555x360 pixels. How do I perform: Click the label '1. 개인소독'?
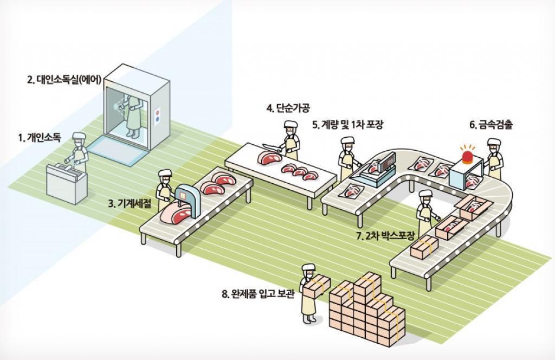[39, 137]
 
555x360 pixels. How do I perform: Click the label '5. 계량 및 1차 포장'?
[347, 125]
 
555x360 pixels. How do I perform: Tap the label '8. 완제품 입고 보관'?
[258, 294]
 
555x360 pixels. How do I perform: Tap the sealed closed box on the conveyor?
[424, 247]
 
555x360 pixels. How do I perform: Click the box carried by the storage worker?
[317, 285]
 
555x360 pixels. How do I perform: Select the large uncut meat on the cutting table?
[269, 157]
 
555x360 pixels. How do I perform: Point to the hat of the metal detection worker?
[494, 142]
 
